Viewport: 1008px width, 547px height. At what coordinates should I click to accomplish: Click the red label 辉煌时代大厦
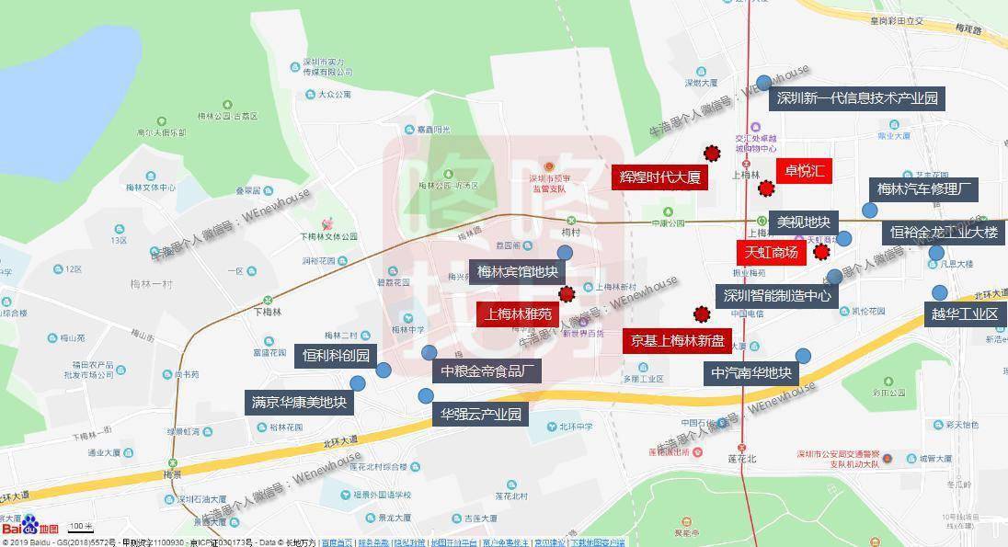(660, 177)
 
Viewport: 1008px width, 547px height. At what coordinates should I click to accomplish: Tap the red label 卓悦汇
(804, 172)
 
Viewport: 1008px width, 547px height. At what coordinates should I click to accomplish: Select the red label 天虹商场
(771, 252)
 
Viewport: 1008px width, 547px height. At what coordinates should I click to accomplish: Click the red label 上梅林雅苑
(518, 313)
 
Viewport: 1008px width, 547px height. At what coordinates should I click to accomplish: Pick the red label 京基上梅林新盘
(678, 341)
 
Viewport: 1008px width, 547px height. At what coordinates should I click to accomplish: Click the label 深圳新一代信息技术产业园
(857, 98)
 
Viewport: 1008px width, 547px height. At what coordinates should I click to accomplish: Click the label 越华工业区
(965, 313)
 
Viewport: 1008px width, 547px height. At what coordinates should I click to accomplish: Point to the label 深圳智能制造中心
(777, 296)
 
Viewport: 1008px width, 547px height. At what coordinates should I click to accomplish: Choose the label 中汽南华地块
(750, 373)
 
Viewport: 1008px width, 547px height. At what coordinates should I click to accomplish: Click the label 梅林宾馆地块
(518, 271)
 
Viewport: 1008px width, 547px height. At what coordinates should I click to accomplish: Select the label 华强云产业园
(480, 414)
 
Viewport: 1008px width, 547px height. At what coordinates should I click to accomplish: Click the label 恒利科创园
(336, 356)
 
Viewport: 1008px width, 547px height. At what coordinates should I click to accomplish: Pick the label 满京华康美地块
(300, 402)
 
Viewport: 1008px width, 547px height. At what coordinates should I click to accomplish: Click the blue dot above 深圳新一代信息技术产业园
(763, 83)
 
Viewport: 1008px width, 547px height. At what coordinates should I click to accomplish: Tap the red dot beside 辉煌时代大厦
(711, 154)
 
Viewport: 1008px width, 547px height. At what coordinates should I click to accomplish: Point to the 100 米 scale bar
(82, 528)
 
